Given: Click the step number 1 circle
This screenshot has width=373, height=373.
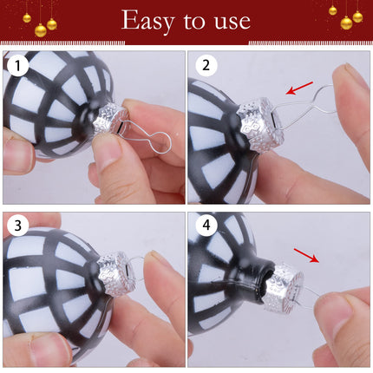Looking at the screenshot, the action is pos(18,66).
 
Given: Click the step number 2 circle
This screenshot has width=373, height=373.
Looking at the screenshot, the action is pos(206,65).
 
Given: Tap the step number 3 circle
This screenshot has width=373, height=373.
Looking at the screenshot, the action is pos(18,226).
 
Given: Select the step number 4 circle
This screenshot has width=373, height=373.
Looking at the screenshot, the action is pos(206,225).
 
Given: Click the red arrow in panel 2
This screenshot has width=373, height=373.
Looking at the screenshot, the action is pos(299,88).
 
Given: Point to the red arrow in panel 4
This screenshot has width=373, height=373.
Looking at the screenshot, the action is pos(306,255).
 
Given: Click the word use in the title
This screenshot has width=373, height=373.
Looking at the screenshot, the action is pos(232,22).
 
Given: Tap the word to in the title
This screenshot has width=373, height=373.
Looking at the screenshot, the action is pos(194,21).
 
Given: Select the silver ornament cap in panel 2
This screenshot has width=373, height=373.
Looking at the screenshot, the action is pos(258,124).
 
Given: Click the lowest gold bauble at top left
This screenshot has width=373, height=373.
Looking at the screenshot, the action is pos(41,30).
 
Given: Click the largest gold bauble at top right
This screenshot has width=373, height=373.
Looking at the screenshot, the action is pos(346,23).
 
